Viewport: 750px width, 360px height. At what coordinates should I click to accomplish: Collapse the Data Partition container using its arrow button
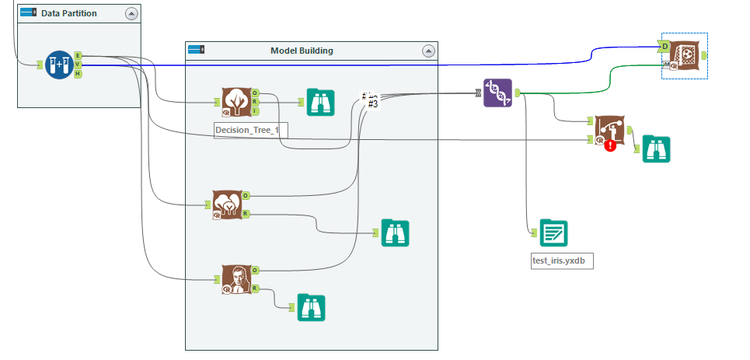pyautogui.click(x=131, y=13)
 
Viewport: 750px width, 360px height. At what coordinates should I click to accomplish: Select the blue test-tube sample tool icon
pyautogui.click(x=58, y=65)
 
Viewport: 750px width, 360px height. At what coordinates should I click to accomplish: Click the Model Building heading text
pyautogui.click(x=302, y=51)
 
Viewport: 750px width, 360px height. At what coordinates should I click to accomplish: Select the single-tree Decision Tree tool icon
pyautogui.click(x=236, y=101)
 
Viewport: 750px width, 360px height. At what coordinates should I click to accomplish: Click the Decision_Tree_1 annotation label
pyautogui.click(x=250, y=130)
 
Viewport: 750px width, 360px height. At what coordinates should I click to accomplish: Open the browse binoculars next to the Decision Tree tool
pyautogui.click(x=320, y=102)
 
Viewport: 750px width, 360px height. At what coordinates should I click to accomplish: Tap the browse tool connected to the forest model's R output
pyautogui.click(x=395, y=233)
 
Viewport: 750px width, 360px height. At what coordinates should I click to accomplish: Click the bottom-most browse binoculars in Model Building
pyautogui.click(x=311, y=308)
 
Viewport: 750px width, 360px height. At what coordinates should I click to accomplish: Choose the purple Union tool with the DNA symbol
pyautogui.click(x=497, y=93)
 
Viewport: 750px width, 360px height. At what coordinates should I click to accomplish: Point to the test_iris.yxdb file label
pyautogui.click(x=557, y=260)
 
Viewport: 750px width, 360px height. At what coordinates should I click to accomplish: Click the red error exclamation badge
pyautogui.click(x=610, y=145)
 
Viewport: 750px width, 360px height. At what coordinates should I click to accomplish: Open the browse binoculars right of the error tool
pyautogui.click(x=656, y=149)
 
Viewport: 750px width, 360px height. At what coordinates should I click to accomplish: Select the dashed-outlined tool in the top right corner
pyautogui.click(x=684, y=55)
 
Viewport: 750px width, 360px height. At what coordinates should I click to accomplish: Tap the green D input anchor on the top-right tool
pyautogui.click(x=665, y=47)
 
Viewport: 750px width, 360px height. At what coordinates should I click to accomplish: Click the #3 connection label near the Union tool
pyautogui.click(x=372, y=104)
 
